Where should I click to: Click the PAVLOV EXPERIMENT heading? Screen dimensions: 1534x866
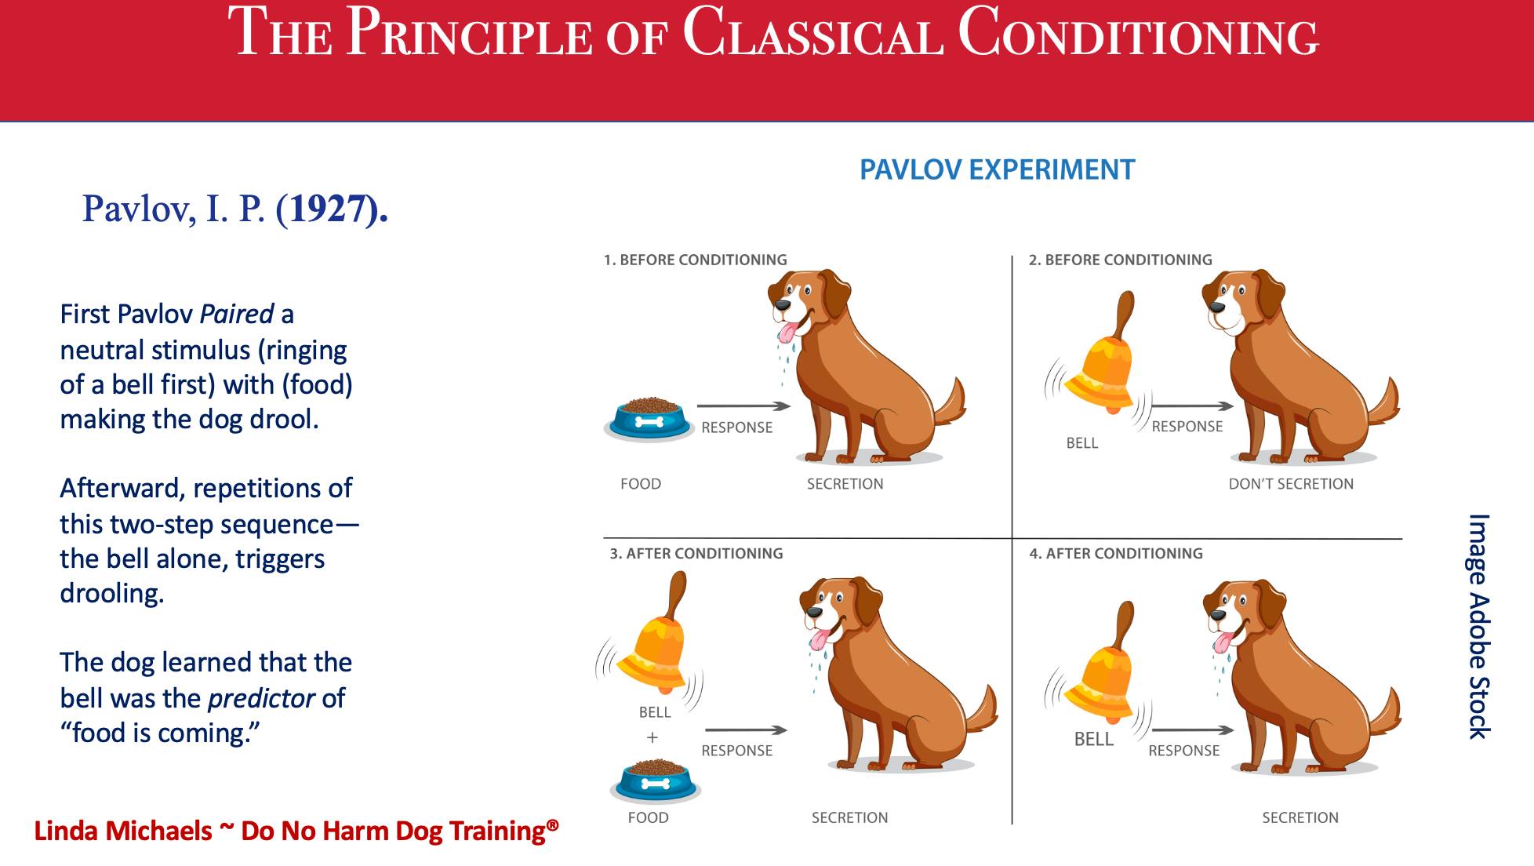point(997,169)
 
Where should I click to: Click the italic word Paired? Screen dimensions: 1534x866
point(237,314)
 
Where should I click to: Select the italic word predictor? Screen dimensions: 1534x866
point(261,698)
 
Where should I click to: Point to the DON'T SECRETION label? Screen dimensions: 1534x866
point(1291,484)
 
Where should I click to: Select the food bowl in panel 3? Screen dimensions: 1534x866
point(656,781)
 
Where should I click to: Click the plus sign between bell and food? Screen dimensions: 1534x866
point(652,737)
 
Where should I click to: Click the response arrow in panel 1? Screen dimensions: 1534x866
point(743,406)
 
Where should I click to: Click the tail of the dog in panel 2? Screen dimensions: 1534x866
point(1384,400)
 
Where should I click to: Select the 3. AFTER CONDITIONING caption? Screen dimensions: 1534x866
point(696,553)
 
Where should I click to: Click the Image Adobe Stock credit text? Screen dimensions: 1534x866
point(1479,626)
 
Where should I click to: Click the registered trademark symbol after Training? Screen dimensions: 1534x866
point(553,824)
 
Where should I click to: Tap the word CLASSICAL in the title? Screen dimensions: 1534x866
point(813,34)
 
